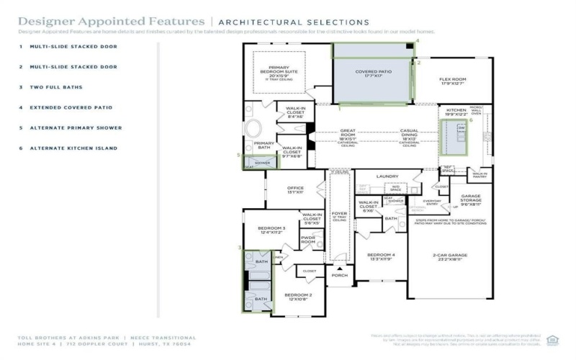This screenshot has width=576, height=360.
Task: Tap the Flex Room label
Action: click(454, 81)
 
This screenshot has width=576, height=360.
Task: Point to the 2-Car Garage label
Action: click(450, 257)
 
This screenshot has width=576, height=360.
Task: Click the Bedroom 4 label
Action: click(381, 257)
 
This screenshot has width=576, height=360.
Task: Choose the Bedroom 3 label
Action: click(271, 230)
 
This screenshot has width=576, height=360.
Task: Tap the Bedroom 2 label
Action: click(297, 297)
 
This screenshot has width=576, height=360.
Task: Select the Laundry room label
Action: click(387, 176)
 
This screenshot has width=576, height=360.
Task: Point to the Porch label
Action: click(339, 275)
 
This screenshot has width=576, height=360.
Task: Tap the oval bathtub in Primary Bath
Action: click(255, 130)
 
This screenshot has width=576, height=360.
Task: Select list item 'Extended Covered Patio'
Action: click(71, 107)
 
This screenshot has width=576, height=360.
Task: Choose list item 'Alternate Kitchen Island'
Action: click(73, 148)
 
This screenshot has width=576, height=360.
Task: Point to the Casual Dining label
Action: click(409, 133)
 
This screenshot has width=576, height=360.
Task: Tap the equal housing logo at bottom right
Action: click(552, 340)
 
